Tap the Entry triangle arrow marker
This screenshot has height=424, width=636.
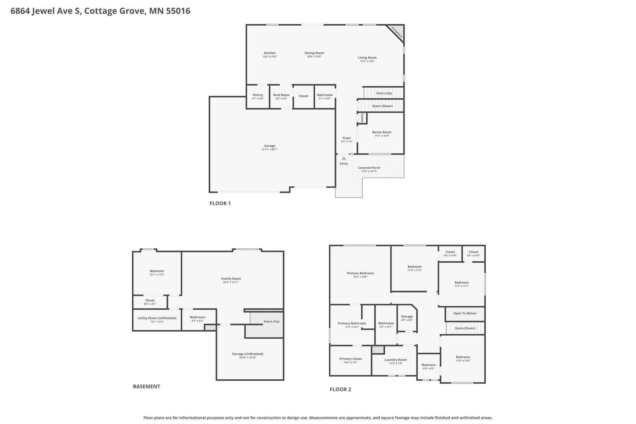[x=344, y=158]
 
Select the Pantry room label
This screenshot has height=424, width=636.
[x=258, y=95]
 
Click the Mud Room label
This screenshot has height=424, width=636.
[x=281, y=95]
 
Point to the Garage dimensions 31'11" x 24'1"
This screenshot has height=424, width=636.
[x=270, y=150]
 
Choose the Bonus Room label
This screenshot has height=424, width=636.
[x=382, y=132]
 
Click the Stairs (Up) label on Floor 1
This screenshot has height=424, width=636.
[x=384, y=93]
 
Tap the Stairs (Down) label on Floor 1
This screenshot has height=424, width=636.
[x=383, y=106]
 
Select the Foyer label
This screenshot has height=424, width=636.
[x=347, y=138]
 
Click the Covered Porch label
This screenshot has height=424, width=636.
[x=369, y=168]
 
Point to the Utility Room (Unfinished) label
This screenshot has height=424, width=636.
[x=157, y=318]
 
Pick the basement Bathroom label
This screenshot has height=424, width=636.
[x=198, y=317]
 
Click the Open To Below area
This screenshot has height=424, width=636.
[x=465, y=314]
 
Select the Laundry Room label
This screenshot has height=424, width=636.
[x=396, y=360]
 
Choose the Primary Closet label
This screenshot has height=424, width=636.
[x=350, y=359]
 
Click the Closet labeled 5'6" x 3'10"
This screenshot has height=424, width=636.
[x=473, y=254]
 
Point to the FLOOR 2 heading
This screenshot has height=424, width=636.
[x=341, y=389]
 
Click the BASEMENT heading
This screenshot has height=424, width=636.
[x=146, y=386]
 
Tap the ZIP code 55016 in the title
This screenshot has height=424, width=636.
[x=178, y=11]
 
